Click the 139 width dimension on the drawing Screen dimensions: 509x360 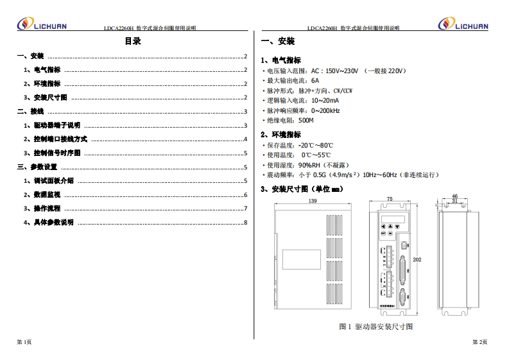(x=313, y=201)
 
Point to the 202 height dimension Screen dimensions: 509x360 (x=417, y=259)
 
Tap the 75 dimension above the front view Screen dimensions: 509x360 (x=390, y=200)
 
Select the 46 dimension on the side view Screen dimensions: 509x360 (x=454, y=196)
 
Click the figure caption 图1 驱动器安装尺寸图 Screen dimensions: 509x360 (x=375, y=327)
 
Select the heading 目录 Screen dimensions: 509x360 (x=132, y=42)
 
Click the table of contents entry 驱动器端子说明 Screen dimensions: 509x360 (x=57, y=126)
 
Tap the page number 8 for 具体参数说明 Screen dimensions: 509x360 (x=245, y=223)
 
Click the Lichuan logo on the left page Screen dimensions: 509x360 (x=41, y=24)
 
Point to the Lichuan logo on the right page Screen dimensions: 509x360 (x=463, y=24)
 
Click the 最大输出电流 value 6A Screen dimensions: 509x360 (x=315, y=81)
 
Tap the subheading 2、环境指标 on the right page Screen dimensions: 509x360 (x=280, y=135)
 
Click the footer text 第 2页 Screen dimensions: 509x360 (x=479, y=342)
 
